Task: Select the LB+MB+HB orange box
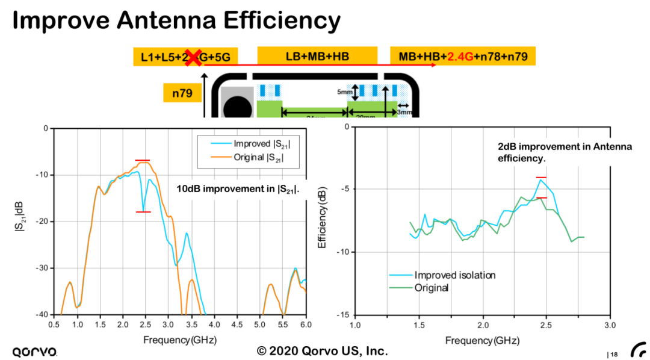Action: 317,56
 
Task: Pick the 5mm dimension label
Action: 344,92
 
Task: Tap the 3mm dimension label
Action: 404,111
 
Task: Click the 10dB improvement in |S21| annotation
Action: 238,189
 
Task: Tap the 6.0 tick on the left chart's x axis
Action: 306,324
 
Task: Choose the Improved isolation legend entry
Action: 454,275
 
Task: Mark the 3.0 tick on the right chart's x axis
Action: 610,326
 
